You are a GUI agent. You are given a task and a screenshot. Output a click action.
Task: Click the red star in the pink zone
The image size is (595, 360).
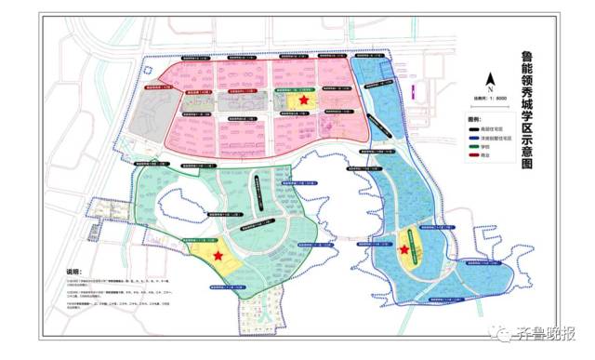(x=303, y=100)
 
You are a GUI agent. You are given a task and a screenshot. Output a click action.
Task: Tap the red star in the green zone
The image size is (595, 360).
(x=218, y=255)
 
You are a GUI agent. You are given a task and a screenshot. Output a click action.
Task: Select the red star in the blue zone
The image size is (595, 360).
(x=404, y=248)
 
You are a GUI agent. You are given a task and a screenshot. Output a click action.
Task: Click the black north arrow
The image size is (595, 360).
(x=495, y=80)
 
